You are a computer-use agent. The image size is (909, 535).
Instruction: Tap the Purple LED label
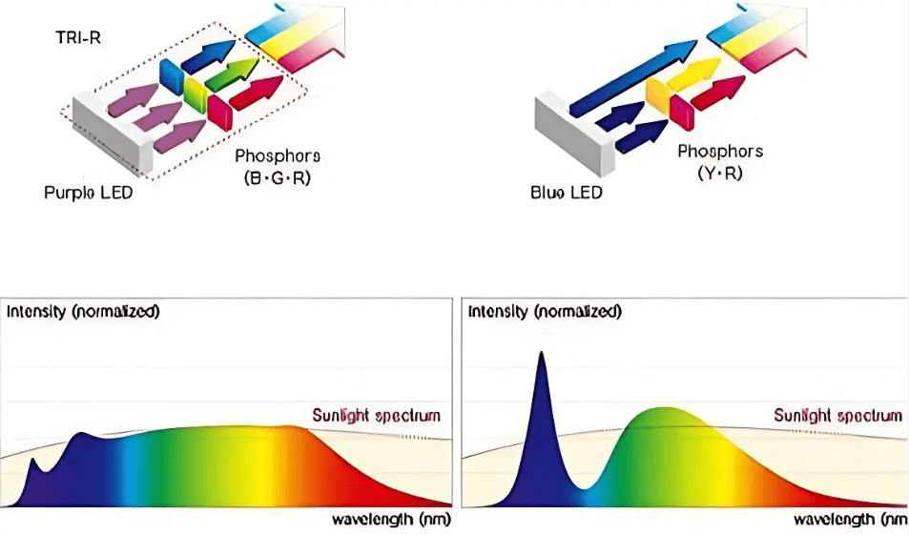[88, 193]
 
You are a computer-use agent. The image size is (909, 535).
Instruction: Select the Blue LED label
[566, 193]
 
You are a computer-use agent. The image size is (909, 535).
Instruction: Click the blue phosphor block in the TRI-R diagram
[172, 75]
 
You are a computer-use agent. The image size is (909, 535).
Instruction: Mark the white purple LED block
[113, 133]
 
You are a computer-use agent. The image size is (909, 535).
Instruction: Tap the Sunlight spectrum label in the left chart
[376, 415]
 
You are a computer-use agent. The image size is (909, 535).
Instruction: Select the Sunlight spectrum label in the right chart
[837, 415]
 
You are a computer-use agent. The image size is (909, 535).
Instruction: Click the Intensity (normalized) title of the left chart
[83, 312]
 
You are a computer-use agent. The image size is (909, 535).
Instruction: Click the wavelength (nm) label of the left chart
[391, 520]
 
